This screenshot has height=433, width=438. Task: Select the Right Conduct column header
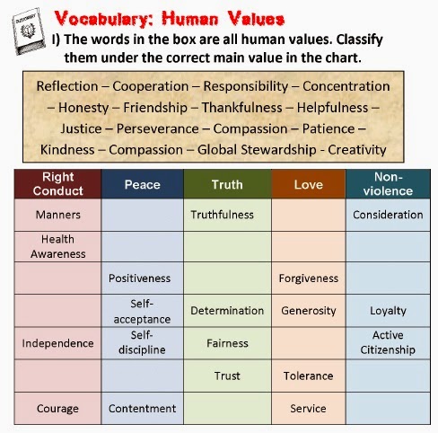tap(58, 183)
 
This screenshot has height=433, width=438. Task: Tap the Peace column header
tap(142, 184)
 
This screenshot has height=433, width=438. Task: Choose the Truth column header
tap(226, 184)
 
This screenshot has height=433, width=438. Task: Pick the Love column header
tap(308, 184)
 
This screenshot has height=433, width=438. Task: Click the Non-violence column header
tap(388, 183)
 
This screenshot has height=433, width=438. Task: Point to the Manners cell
tap(58, 215)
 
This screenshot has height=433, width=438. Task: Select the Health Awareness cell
tap(58, 246)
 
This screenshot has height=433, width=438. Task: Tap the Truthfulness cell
tap(223, 215)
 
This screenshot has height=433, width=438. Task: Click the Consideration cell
tap(388, 215)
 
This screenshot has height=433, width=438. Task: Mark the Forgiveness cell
tap(308, 278)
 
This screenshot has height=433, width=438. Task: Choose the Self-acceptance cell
tap(142, 310)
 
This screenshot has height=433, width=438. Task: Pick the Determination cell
tap(227, 311)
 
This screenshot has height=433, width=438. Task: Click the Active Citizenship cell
tap(388, 342)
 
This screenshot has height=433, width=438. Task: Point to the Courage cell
tap(58, 408)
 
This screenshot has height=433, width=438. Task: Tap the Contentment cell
tap(142, 408)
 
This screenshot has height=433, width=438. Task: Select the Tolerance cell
tap(308, 376)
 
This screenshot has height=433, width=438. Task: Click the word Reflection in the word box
tap(69, 87)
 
